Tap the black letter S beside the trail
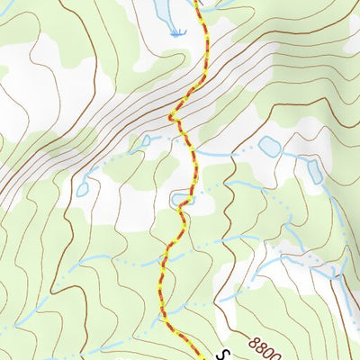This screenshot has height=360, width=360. [x=226, y=352]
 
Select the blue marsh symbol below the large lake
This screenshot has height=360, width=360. [x=177, y=33]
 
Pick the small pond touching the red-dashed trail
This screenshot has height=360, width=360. [x=182, y=197]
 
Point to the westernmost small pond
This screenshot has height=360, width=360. [x=83, y=190]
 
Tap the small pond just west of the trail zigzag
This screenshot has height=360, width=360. [x=144, y=140]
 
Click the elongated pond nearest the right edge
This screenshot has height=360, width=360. [x=314, y=170]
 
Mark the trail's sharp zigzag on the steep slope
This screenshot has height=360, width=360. [x=174, y=115]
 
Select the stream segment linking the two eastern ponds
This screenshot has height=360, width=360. [x=293, y=155]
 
